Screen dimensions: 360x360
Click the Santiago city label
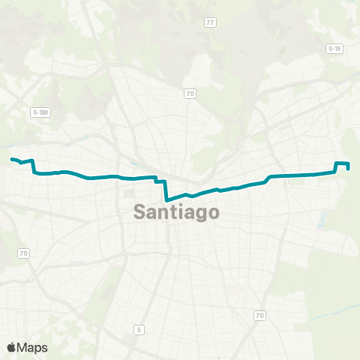(177, 212)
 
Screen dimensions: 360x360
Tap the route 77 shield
(210, 22)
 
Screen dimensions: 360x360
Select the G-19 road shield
(334, 48)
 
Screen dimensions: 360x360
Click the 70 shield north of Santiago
(190, 94)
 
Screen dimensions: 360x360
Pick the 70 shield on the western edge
(23, 253)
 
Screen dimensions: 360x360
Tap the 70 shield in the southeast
(260, 315)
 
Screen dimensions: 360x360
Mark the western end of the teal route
(11, 159)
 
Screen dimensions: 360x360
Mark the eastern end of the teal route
(349, 169)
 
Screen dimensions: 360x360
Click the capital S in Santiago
(139, 212)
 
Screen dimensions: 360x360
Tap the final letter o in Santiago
(214, 213)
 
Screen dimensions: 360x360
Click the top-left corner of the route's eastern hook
(336, 163)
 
